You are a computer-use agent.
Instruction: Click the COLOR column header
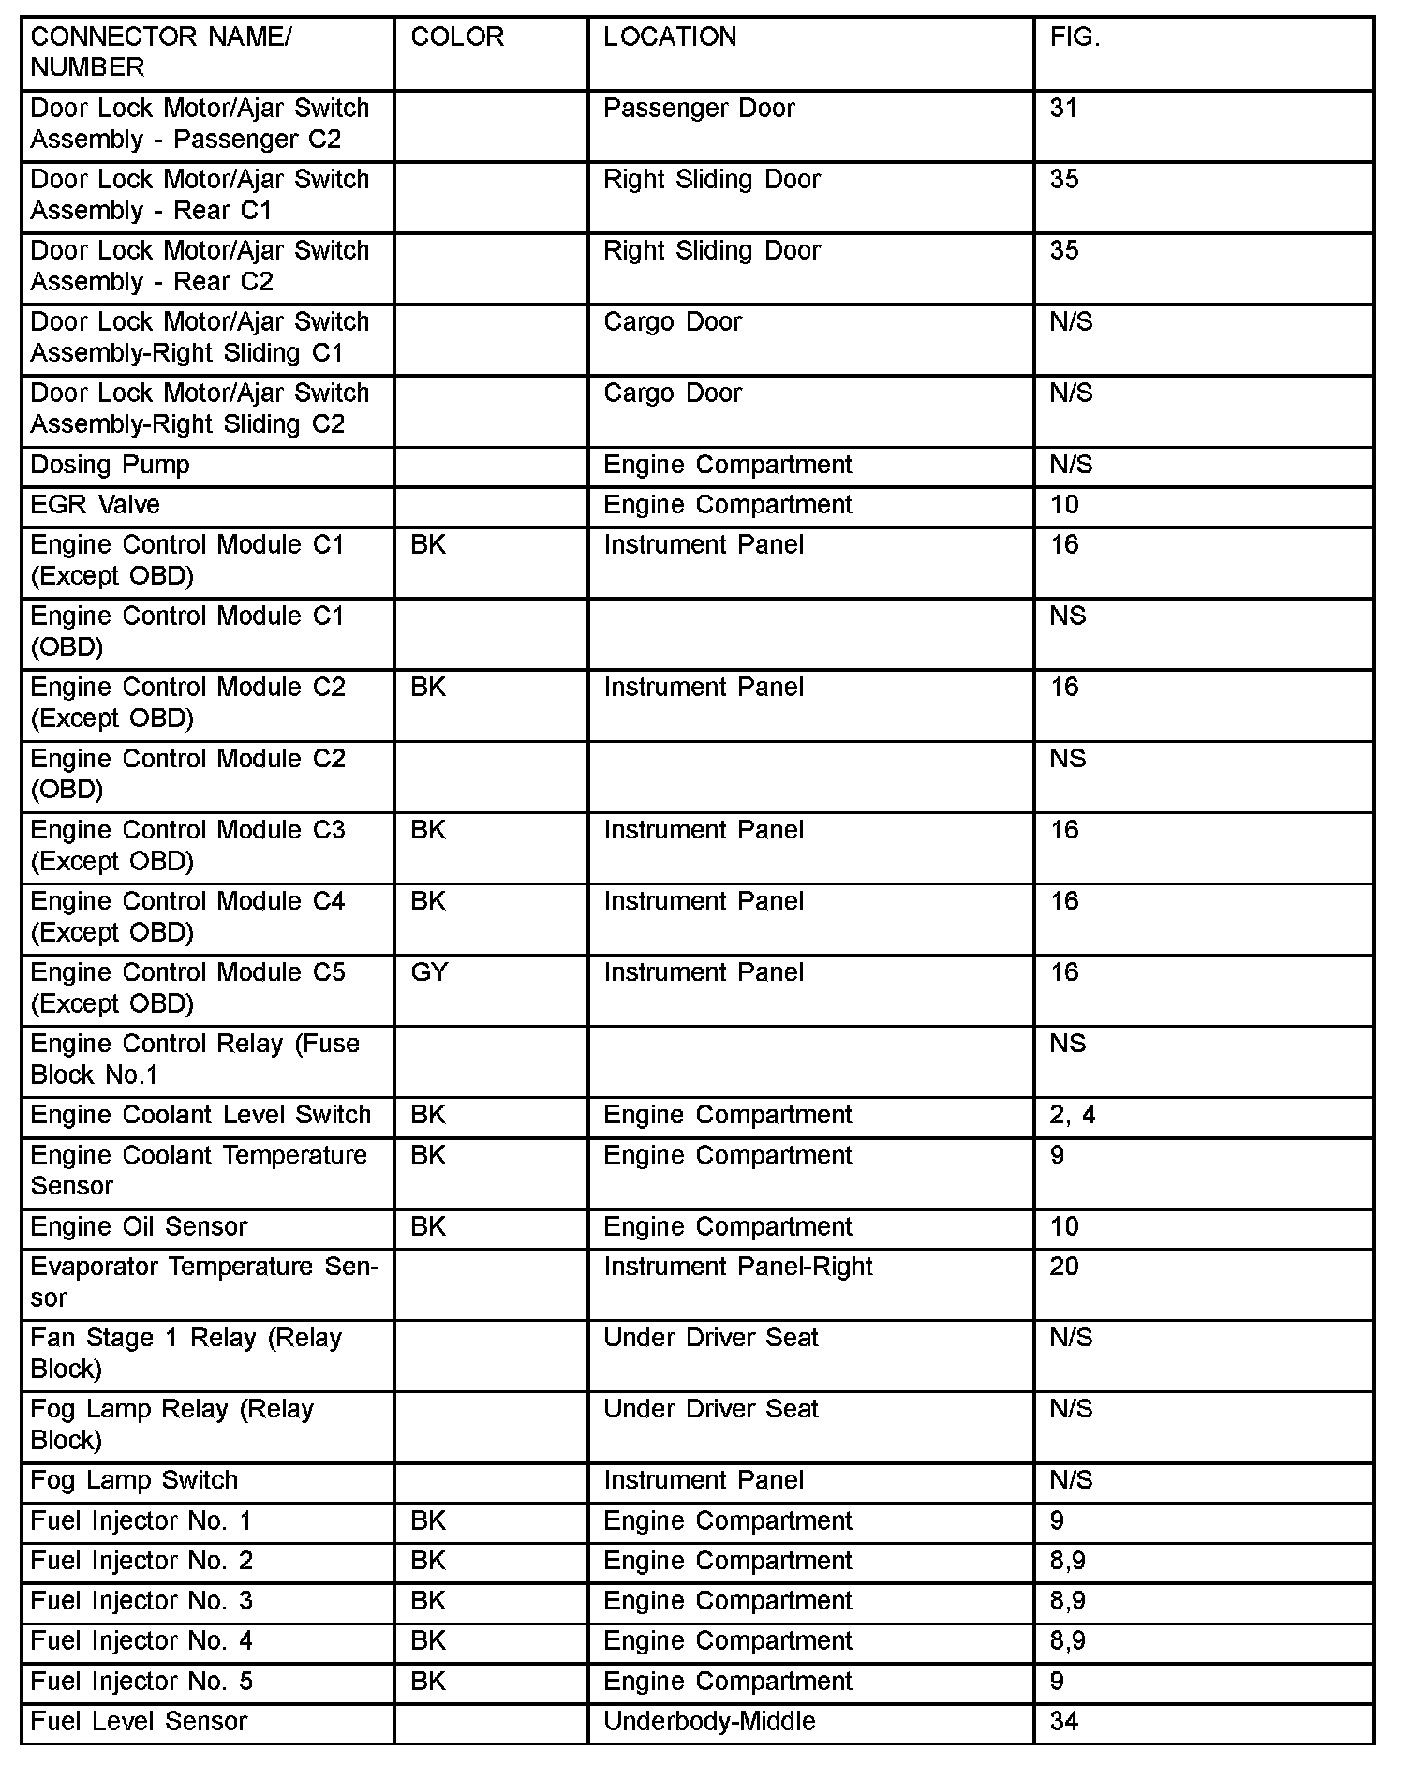pyautogui.click(x=457, y=37)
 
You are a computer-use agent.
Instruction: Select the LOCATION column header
pyautogui.click(x=670, y=37)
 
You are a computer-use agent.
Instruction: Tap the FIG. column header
pyautogui.click(x=1075, y=37)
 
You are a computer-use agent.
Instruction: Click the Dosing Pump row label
pyautogui.click(x=110, y=465)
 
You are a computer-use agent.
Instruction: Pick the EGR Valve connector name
pyautogui.click(x=95, y=505)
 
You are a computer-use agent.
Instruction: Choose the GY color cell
pyautogui.click(x=429, y=972)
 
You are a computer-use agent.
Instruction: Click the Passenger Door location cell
pyautogui.click(x=699, y=109)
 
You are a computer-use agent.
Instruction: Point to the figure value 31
pyautogui.click(x=1064, y=109)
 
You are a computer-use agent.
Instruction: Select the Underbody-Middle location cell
pyautogui.click(x=709, y=1722)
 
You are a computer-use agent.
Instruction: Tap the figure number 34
pyautogui.click(x=1064, y=1722)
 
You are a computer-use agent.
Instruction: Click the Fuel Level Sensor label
pyautogui.click(x=139, y=1722)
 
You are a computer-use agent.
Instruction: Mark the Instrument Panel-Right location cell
pyautogui.click(x=738, y=1267)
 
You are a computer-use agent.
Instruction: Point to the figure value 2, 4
pyautogui.click(x=1073, y=1115)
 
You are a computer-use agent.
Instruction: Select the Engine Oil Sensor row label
pyautogui.click(x=139, y=1227)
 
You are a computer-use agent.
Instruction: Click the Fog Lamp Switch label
pyautogui.click(x=134, y=1480)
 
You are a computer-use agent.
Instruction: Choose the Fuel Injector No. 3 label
pyautogui.click(x=141, y=1601)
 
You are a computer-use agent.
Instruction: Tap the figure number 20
pyautogui.click(x=1064, y=1267)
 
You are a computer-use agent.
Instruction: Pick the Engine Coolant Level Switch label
pyautogui.click(x=200, y=1115)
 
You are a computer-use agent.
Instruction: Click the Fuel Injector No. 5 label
pyautogui.click(x=141, y=1682)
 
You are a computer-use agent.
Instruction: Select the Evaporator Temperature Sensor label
pyautogui.click(x=203, y=1282)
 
